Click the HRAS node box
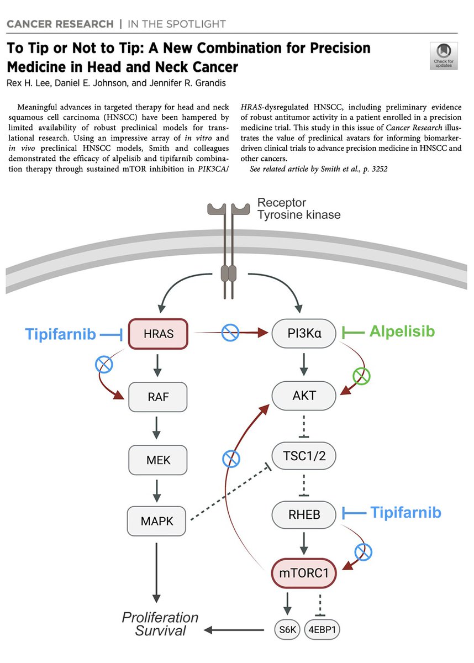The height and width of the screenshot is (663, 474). [158, 334]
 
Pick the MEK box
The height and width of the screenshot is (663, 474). [158, 458]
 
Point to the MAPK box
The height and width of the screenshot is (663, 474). [158, 520]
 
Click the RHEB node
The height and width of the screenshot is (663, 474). [304, 514]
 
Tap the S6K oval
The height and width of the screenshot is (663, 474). [287, 630]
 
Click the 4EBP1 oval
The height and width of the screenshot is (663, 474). [323, 630]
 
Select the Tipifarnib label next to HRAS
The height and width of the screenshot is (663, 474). [60, 334]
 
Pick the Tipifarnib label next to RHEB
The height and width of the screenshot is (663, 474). [405, 513]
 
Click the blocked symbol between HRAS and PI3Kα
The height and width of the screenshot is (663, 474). [229, 333]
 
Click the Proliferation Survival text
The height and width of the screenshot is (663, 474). [160, 623]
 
